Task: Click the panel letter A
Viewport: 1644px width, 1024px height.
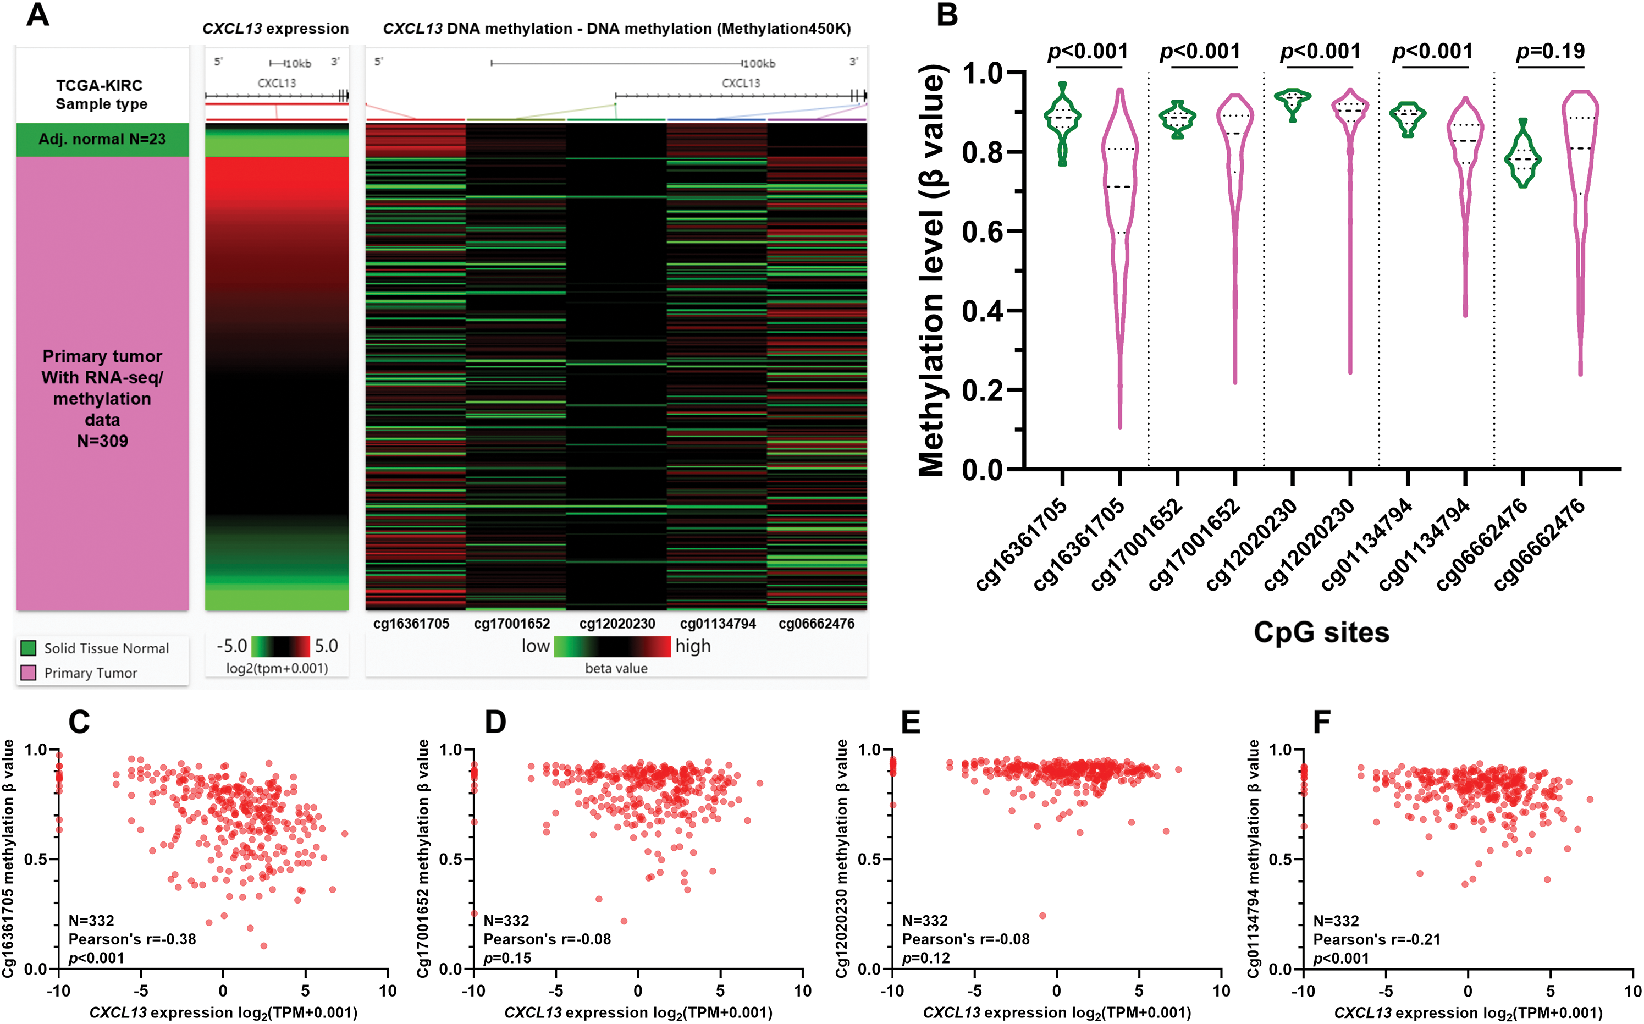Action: pos(37,15)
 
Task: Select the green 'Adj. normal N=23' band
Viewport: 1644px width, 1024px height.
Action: pos(102,140)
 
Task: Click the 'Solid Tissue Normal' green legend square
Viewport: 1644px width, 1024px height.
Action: pos(29,648)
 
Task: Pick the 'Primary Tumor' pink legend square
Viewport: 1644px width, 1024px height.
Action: pos(29,673)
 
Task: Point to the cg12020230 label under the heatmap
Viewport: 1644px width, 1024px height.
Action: pos(617,624)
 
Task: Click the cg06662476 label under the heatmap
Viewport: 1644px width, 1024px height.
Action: pos(816,624)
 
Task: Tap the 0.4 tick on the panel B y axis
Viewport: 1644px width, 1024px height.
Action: pos(982,311)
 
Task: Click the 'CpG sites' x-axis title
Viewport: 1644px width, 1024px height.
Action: pos(1321,632)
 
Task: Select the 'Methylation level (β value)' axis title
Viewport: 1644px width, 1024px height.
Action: pos(931,271)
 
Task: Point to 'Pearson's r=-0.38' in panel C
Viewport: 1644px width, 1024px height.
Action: pos(132,939)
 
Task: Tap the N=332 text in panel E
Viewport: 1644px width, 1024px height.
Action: pos(925,921)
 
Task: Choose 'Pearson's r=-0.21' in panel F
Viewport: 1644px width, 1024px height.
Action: pos(1377,939)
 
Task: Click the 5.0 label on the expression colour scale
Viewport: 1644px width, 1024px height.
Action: pos(327,646)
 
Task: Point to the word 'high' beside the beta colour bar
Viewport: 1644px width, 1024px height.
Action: pos(693,646)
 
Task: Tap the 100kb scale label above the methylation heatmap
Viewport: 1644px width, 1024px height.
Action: pos(758,64)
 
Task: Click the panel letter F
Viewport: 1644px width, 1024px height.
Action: pos(1322,722)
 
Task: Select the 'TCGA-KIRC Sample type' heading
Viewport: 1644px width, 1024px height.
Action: pos(100,95)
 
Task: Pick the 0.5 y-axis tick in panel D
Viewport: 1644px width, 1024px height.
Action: pos(451,860)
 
